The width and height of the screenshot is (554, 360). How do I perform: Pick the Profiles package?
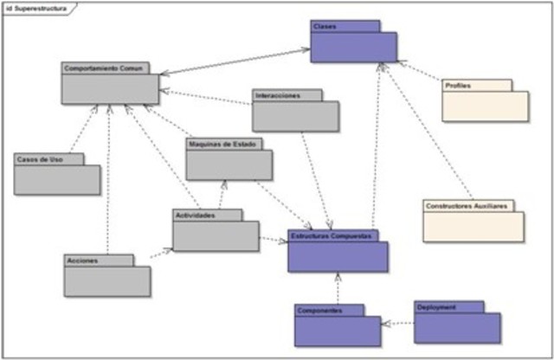pyautogui.click(x=485, y=105)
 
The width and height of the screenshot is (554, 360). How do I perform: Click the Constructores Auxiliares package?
pyautogui.click(x=473, y=224)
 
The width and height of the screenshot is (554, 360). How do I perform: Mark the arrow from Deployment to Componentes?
pyautogui.click(x=398, y=324)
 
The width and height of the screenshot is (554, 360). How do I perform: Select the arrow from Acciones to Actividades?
pyautogui.click(x=161, y=254)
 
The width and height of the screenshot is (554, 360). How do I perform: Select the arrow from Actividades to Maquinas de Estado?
pyautogui.click(x=223, y=195)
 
